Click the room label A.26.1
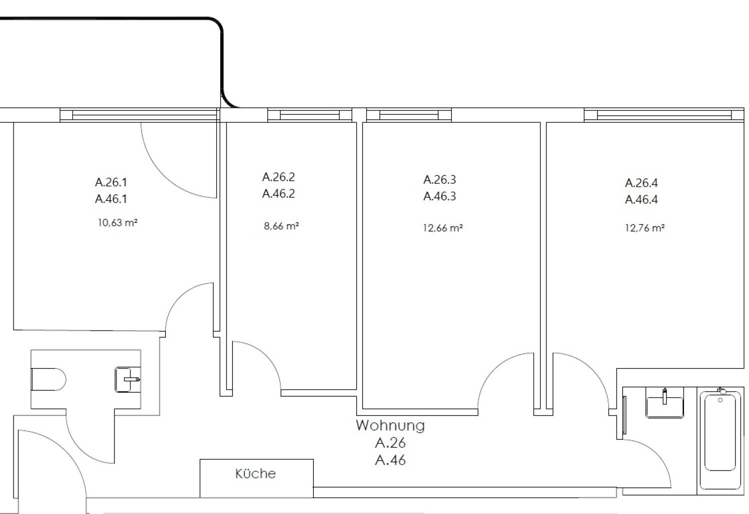click(111, 182)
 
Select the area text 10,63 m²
click(118, 223)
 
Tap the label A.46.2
click(278, 193)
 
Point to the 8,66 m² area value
click(281, 226)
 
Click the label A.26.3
click(440, 180)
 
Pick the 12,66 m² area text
click(443, 228)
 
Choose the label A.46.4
click(642, 199)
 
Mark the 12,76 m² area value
click(645, 228)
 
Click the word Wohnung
click(390, 426)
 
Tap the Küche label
click(255, 474)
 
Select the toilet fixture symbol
click(48, 379)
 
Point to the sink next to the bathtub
click(665, 405)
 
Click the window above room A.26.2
click(310, 115)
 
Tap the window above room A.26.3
click(409, 115)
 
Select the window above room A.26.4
click(664, 115)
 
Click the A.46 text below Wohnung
click(390, 460)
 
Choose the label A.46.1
click(111, 199)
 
